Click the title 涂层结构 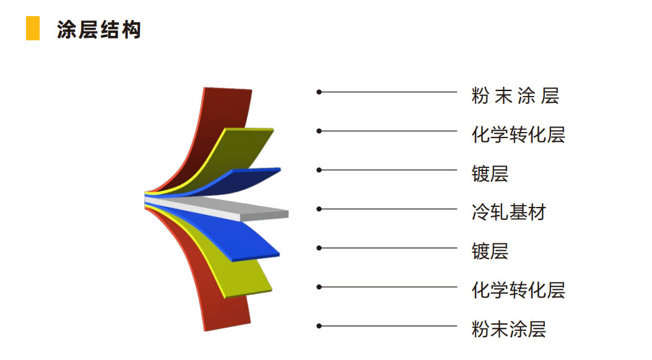click(x=99, y=30)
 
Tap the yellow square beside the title click(x=33, y=29)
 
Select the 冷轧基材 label click(x=508, y=213)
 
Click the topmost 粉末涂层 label click(x=515, y=95)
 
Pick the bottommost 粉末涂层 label click(x=508, y=329)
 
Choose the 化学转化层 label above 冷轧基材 click(x=518, y=134)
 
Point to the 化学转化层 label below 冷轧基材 click(x=518, y=290)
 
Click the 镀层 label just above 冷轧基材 click(x=490, y=173)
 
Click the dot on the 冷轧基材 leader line click(x=319, y=209)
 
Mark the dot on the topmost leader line click(x=319, y=92)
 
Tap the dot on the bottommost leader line click(x=319, y=326)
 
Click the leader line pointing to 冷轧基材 click(x=388, y=209)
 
